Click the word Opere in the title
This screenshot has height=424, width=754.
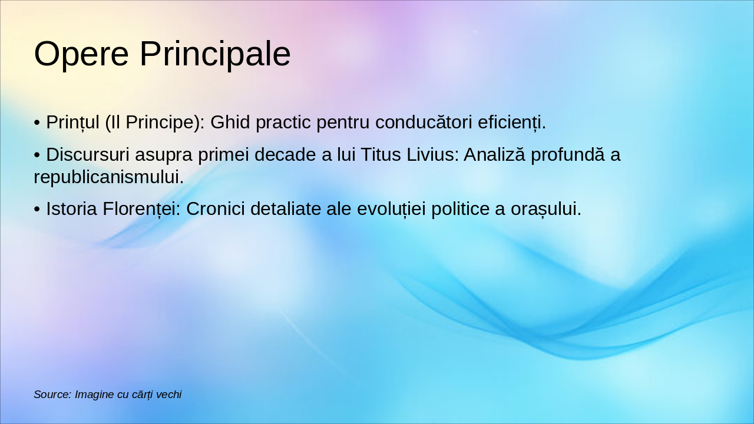81,54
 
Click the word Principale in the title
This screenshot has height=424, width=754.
215,54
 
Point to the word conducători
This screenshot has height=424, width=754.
424,122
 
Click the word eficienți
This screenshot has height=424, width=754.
511,122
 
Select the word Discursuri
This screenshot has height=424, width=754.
88,155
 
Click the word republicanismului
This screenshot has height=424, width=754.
108,177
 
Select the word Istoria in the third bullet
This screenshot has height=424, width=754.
72,209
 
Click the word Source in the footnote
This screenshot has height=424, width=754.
52,395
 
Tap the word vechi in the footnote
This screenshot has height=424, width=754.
168,395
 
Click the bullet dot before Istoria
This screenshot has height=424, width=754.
37,210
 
